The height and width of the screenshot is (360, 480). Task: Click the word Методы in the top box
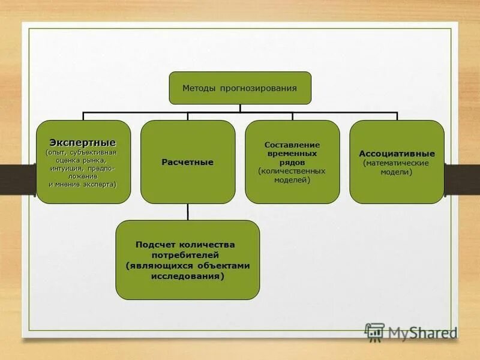pyautogui.click(x=198, y=88)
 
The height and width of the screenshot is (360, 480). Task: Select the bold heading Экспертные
pyautogui.click(x=83, y=142)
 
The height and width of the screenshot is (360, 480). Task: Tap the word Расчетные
pyautogui.click(x=188, y=162)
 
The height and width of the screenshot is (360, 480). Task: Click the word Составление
pyautogui.click(x=292, y=145)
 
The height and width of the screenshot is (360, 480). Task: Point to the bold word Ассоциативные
pyautogui.click(x=397, y=154)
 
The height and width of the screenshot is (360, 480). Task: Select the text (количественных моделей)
pyautogui.click(x=292, y=175)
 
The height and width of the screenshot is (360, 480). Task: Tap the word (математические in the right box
pyautogui.click(x=397, y=163)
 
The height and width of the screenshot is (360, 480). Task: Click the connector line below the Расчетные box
pyautogui.click(x=188, y=212)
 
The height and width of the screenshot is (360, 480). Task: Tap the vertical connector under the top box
pyautogui.click(x=240, y=108)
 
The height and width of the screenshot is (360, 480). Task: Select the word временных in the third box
pyautogui.click(x=292, y=154)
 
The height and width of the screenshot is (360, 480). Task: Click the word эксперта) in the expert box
pyautogui.click(x=98, y=184)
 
